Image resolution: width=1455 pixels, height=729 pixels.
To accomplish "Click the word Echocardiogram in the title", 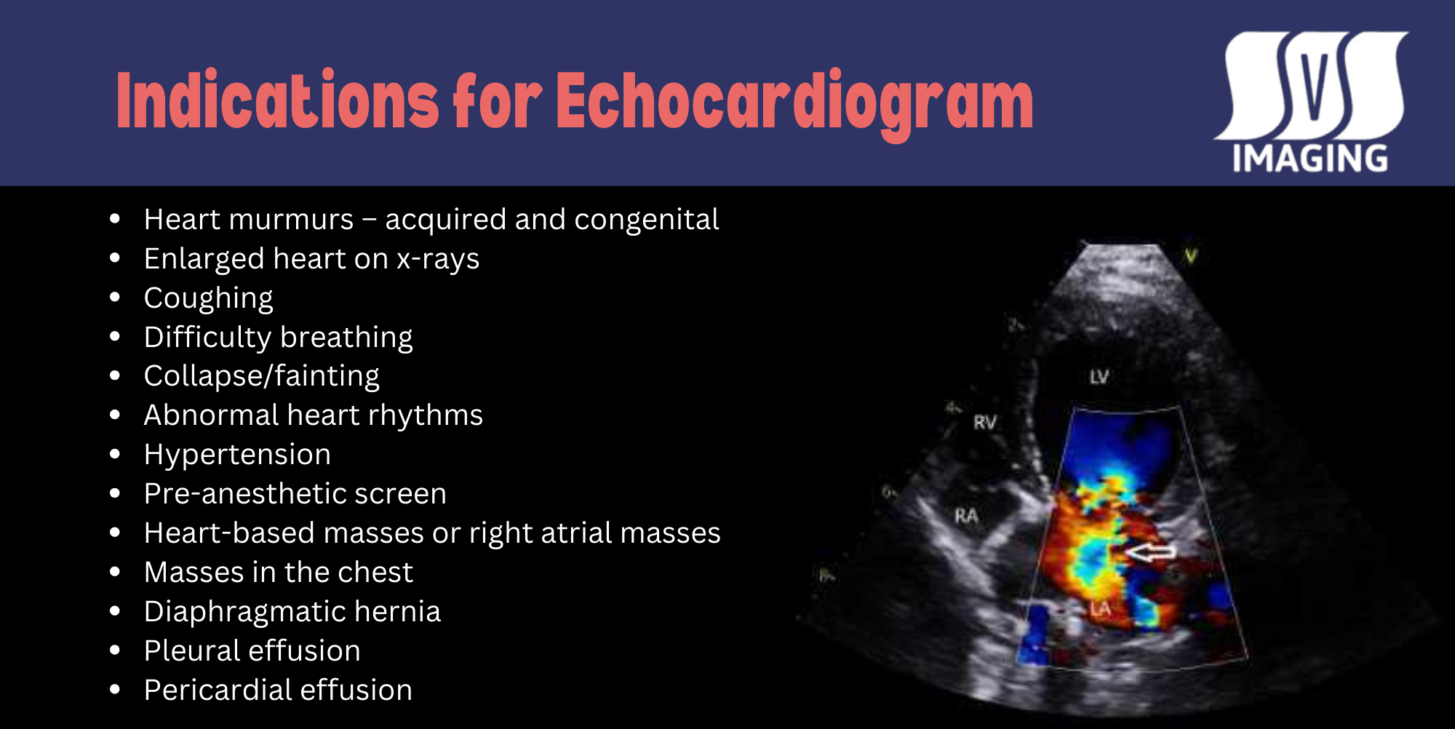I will [794, 102].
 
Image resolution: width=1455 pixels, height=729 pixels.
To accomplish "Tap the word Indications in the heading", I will [277, 102].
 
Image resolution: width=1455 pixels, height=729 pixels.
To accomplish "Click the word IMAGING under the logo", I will [1309, 159].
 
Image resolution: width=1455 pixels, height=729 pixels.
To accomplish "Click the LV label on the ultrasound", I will [1099, 377].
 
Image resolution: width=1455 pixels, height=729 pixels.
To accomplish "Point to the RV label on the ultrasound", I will [985, 422].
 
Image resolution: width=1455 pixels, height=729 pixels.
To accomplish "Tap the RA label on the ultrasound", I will [966, 516].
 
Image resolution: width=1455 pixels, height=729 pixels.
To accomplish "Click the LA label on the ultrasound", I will [1100, 608].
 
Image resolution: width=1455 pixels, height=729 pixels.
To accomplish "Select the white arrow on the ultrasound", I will [1151, 552].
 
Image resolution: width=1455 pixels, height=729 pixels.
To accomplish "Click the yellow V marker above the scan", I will [1191, 256].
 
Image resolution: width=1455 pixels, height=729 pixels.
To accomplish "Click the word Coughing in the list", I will [208, 298].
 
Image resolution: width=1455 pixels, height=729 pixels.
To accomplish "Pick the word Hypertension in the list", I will [237, 455].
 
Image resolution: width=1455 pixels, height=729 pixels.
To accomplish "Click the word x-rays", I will [438, 259].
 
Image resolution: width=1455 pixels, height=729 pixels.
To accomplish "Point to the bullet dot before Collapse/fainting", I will [115, 375].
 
